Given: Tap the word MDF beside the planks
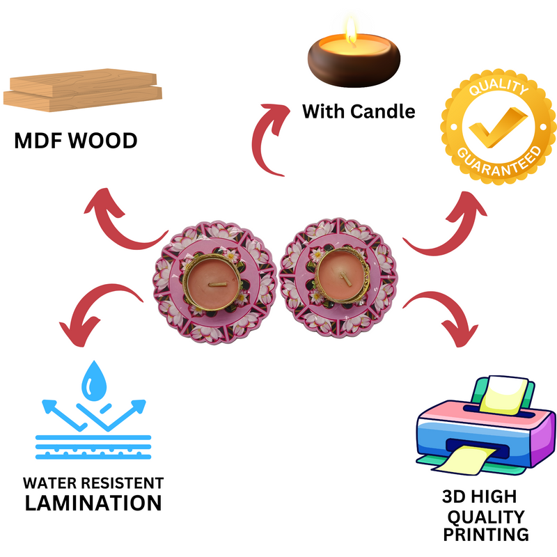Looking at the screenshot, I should coord(38,141).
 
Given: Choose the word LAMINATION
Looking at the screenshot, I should coord(93,503).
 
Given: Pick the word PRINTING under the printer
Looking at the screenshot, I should coord(485,535).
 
